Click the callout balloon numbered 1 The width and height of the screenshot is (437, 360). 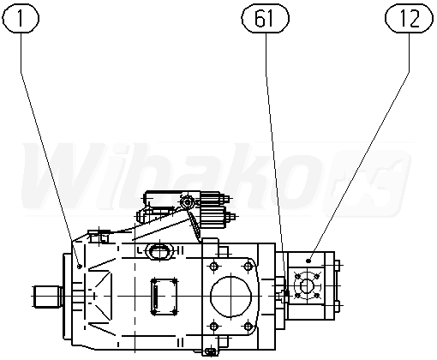click(x=21, y=19)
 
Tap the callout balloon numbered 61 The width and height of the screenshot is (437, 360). click(x=265, y=19)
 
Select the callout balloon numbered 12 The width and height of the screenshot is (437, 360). click(x=409, y=19)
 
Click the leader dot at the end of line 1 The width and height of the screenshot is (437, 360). click(x=80, y=267)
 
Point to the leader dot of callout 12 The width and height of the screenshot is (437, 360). click(x=308, y=261)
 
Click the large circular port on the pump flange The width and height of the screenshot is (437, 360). click(x=230, y=297)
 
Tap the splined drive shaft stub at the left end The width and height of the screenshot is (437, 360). click(x=47, y=297)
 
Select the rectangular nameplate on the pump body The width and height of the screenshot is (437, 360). click(x=164, y=297)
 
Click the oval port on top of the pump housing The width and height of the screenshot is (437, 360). click(x=159, y=252)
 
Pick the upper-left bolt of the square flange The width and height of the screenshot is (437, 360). click(x=214, y=267)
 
